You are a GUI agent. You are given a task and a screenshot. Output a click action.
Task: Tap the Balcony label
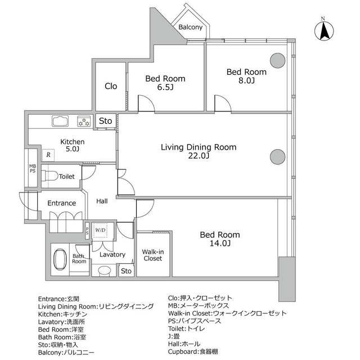tap(190, 27)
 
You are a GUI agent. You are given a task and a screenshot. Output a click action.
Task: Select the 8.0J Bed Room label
tap(246, 76)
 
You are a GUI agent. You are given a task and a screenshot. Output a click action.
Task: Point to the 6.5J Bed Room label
tap(165, 83)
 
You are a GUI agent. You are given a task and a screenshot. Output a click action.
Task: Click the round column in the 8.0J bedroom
tap(277, 60)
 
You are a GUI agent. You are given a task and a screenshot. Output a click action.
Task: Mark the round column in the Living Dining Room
tap(277, 157)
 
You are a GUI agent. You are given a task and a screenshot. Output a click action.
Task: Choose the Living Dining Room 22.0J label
tap(199, 151)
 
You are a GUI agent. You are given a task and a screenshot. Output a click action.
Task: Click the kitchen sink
tap(60, 121)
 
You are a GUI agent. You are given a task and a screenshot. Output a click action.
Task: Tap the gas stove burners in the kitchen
tap(84, 121)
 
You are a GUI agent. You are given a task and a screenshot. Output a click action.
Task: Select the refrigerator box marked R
tap(48, 155)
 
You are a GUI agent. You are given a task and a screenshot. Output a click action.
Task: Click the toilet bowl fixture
tap(50, 176)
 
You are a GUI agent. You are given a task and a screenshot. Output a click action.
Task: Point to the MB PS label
tap(33, 169)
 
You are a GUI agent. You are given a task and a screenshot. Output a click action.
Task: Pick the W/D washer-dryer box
tap(100, 230)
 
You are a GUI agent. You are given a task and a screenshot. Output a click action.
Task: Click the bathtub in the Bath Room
tap(60, 259)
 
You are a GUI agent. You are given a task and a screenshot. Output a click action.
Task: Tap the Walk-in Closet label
tap(153, 255)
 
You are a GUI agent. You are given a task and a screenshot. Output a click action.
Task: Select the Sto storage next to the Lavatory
tap(126, 271)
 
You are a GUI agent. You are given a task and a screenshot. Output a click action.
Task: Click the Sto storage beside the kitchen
tap(105, 121)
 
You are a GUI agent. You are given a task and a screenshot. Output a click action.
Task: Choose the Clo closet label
tap(111, 86)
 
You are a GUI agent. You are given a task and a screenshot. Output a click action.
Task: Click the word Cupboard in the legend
tap(182, 352)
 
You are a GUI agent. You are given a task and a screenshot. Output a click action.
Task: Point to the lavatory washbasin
tap(104, 270)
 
